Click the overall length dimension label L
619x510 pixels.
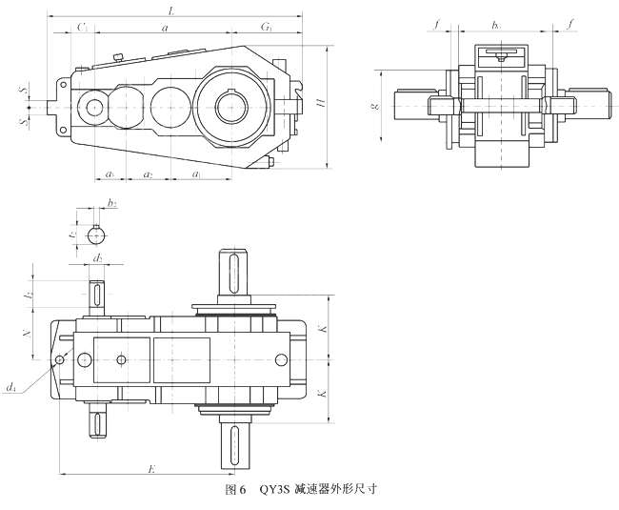(x=170, y=10)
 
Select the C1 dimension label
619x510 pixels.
(x=83, y=30)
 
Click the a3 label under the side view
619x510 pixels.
(x=110, y=174)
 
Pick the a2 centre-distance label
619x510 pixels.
(x=148, y=174)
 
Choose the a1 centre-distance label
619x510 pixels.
(x=196, y=174)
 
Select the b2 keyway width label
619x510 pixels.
(x=112, y=203)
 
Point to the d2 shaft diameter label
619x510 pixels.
(x=97, y=257)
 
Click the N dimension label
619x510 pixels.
(x=29, y=334)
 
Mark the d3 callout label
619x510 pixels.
(x=10, y=388)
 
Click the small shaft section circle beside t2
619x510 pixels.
(x=95, y=235)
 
